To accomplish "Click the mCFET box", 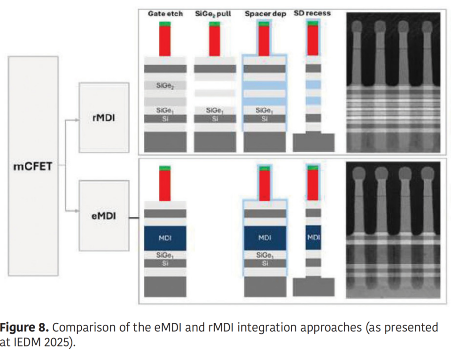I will pyautogui.click(x=33, y=166).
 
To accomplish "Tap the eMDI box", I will pyautogui.click(x=104, y=217).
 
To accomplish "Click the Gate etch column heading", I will pyautogui.click(x=165, y=14).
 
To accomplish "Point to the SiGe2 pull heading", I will pyautogui.click(x=213, y=14).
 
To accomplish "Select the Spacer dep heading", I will pyautogui.click(x=265, y=14).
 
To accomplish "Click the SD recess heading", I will pyautogui.click(x=312, y=13).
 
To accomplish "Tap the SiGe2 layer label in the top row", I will pyautogui.click(x=165, y=87).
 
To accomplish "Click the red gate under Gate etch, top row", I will pyautogui.click(x=165, y=41).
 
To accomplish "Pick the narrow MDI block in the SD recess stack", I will pyautogui.click(x=313, y=237).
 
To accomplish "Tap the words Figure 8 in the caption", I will pyautogui.click(x=23, y=327).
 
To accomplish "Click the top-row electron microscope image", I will pyautogui.click(x=393, y=82).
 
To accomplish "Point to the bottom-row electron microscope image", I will pyautogui.click(x=393, y=230).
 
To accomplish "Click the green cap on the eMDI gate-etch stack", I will pyautogui.click(x=165, y=168).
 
